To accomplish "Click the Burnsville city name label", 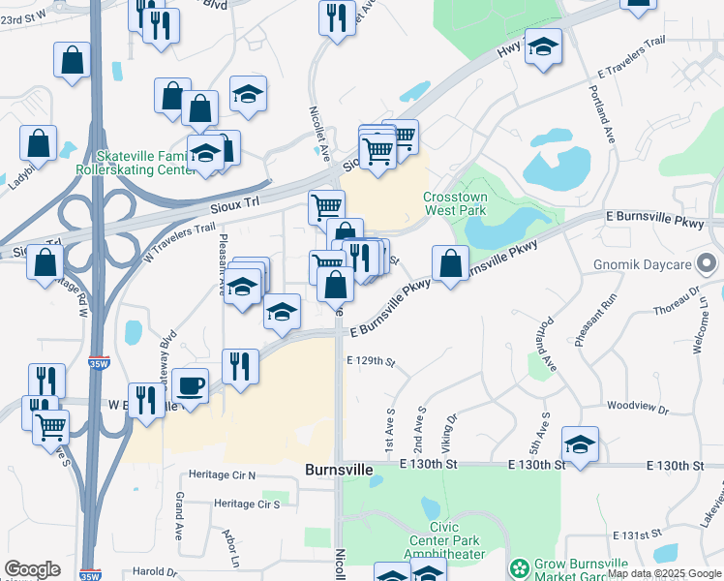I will coord(339,470).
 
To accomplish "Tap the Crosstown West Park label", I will coord(455,203).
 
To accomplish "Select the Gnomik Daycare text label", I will coord(644,264).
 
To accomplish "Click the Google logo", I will coord(32,569).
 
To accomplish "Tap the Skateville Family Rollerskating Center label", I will coord(146,164).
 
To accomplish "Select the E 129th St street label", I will coord(372,362).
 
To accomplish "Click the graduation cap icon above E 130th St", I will coord(580,443).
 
